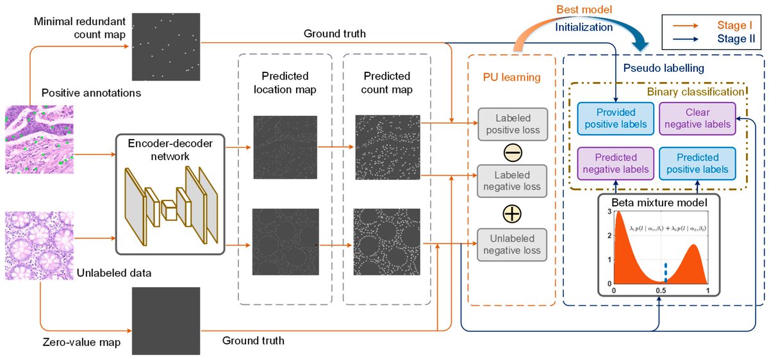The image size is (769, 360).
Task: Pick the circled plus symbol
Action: click(x=513, y=212)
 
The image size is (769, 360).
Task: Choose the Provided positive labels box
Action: click(x=613, y=118)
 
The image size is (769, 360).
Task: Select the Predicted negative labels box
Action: click(x=613, y=163)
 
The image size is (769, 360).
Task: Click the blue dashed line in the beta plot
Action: click(x=665, y=272)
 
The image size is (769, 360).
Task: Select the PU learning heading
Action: click(x=512, y=78)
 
